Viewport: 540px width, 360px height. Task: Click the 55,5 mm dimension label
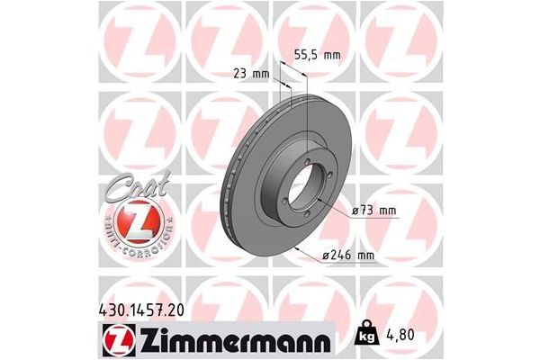coord(319,55)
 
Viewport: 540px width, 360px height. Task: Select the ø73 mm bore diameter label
coord(373,211)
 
